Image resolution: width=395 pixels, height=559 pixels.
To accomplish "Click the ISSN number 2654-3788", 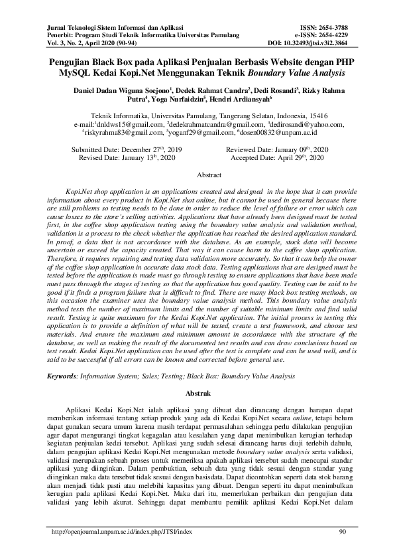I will (x=333, y=27).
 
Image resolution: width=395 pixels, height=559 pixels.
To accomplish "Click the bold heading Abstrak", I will (x=197, y=394).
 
